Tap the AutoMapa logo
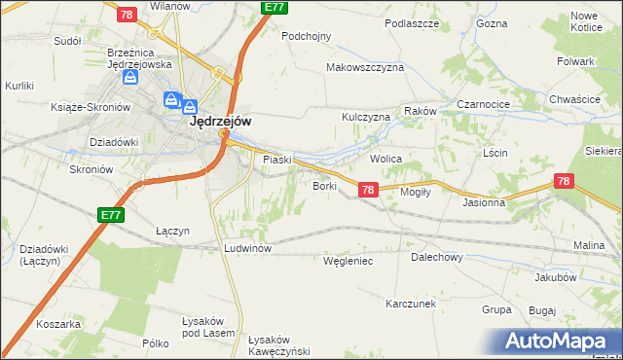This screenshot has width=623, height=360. [x=560, y=341]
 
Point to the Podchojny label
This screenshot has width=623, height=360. [x=307, y=36]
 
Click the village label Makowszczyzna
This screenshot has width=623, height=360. [x=365, y=68]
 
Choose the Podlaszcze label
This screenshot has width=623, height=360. [x=413, y=23]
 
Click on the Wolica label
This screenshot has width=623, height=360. [x=386, y=158]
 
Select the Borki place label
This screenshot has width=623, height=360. [x=323, y=185]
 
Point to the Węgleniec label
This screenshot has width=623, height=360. [x=348, y=261]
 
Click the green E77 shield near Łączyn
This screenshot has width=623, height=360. [x=111, y=215]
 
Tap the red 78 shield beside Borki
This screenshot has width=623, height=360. [x=368, y=191]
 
